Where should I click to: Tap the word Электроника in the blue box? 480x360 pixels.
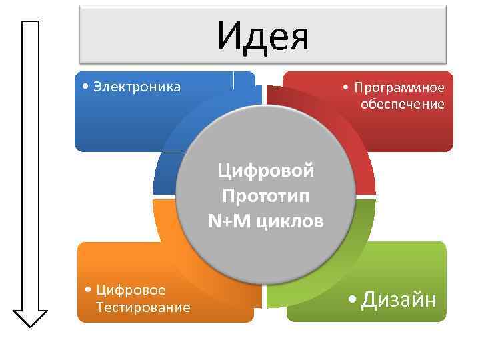point(137,87)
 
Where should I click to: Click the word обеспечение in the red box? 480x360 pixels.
point(402,104)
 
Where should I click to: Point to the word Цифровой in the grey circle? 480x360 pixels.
point(265,171)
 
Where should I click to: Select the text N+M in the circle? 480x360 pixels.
point(229,220)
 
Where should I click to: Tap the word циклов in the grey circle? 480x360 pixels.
point(288,221)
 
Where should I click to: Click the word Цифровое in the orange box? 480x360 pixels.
point(131,290)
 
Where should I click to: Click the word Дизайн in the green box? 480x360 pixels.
point(399,301)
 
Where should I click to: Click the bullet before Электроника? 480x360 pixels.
point(83,87)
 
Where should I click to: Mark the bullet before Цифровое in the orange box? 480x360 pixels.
point(89,291)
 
